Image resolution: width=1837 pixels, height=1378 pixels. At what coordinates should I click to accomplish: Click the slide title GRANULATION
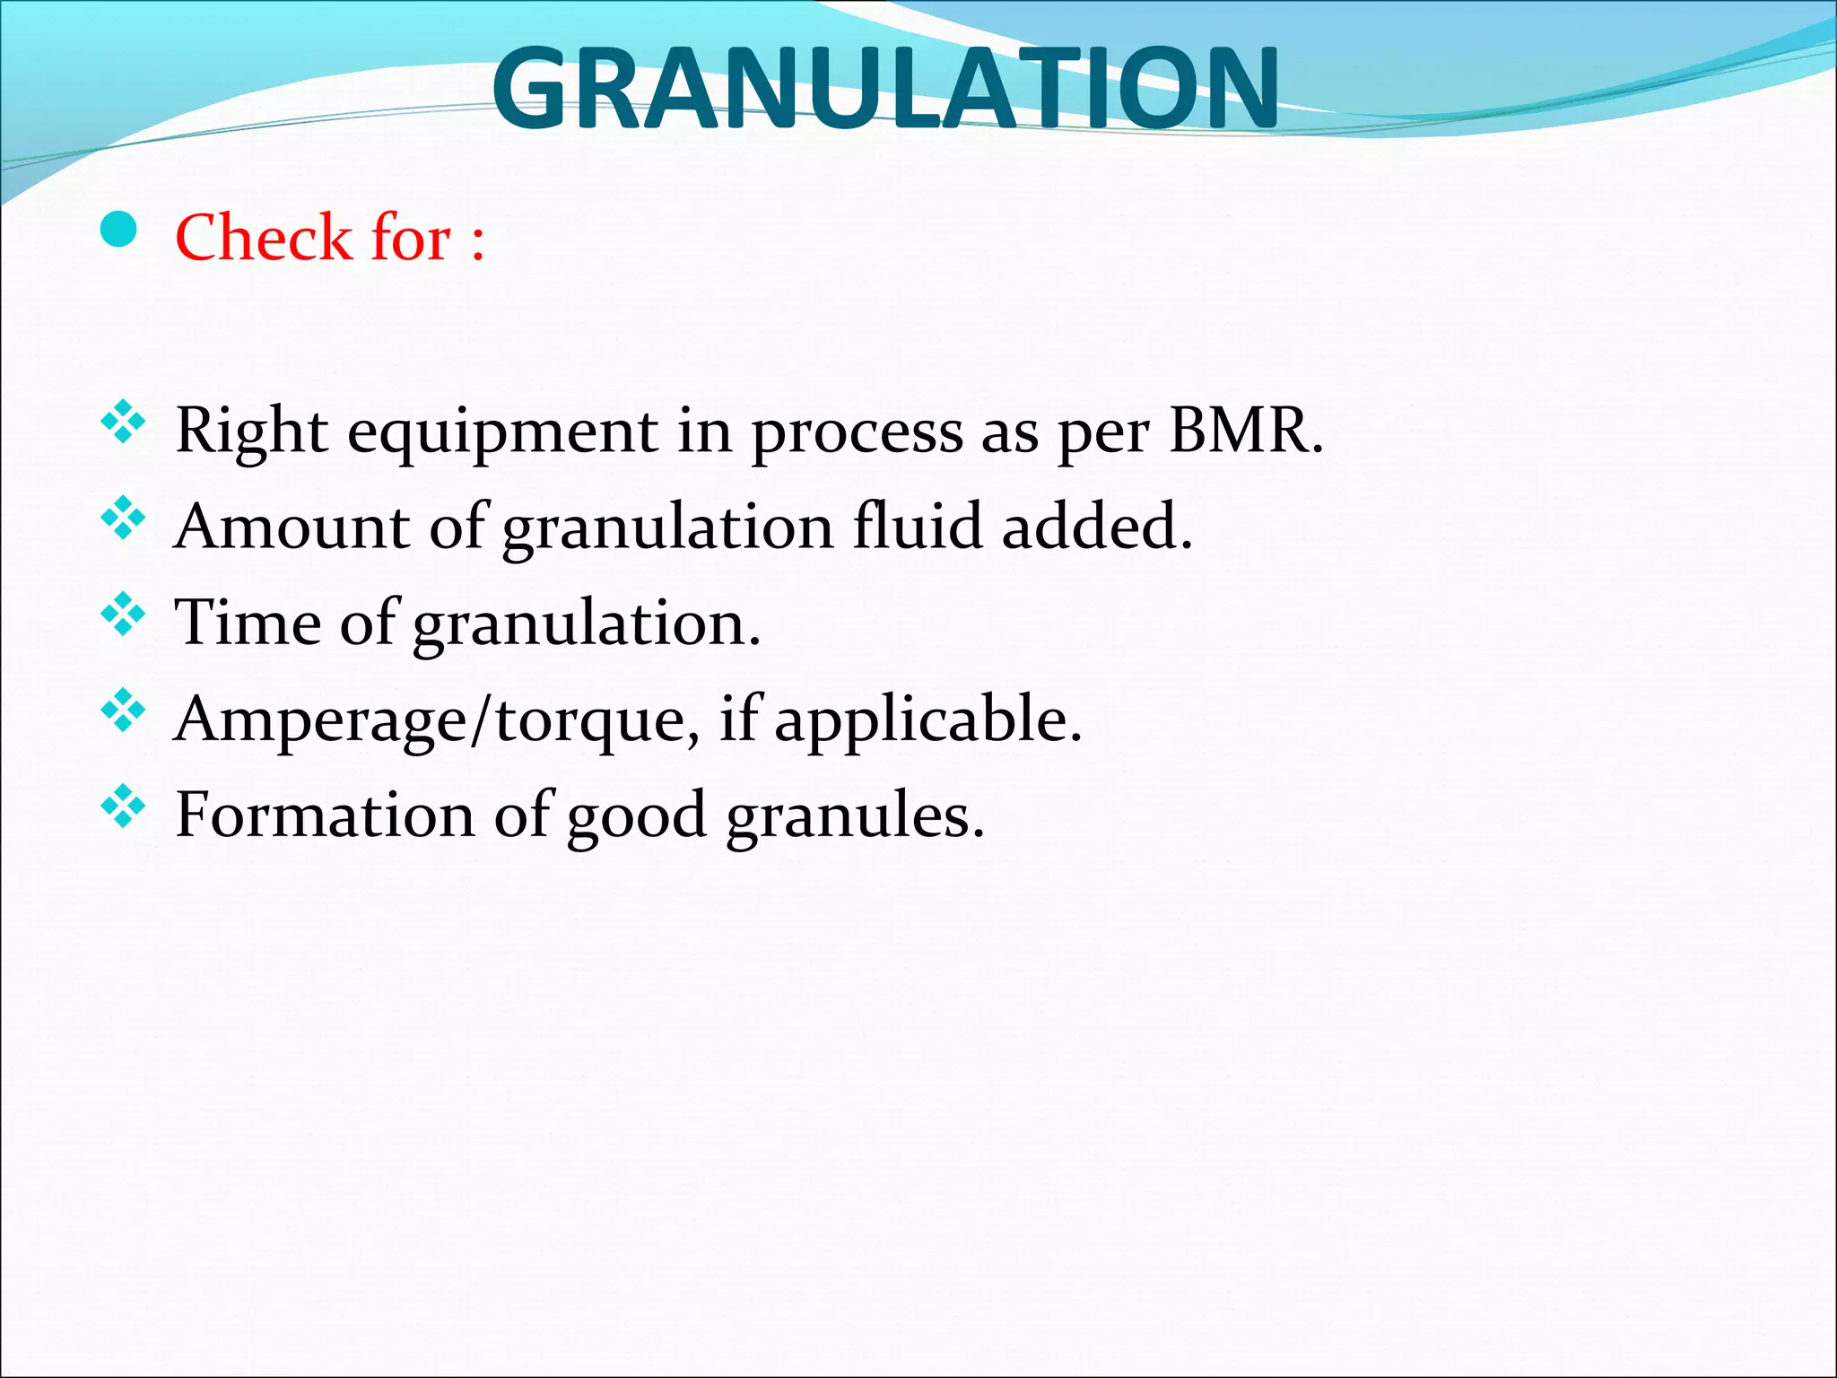point(885,88)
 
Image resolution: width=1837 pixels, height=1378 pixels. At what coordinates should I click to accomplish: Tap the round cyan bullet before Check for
point(118,231)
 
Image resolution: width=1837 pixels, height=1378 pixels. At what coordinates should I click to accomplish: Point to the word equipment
point(502,432)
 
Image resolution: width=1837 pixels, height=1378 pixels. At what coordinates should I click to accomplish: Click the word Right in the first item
point(251,431)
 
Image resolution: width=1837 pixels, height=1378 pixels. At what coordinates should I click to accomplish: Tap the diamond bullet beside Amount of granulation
point(123,519)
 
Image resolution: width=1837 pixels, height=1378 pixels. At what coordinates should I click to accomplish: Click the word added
point(1096,526)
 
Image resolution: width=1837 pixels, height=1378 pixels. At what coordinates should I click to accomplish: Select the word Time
point(248,622)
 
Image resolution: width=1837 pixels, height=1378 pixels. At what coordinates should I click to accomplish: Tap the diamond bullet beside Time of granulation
point(123,615)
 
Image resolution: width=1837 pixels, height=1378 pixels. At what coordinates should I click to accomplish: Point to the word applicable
point(927,720)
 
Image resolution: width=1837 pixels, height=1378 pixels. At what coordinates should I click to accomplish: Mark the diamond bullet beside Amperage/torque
point(123,711)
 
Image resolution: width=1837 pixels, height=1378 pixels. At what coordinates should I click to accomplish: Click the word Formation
point(325,815)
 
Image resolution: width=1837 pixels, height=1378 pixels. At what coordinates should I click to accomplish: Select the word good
point(636,816)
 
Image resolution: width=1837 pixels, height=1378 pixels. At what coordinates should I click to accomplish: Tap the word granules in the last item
point(855,816)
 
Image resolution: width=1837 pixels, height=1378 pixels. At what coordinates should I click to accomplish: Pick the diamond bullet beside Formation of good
point(123,807)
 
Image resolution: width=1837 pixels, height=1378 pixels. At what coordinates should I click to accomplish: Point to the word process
point(856,432)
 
